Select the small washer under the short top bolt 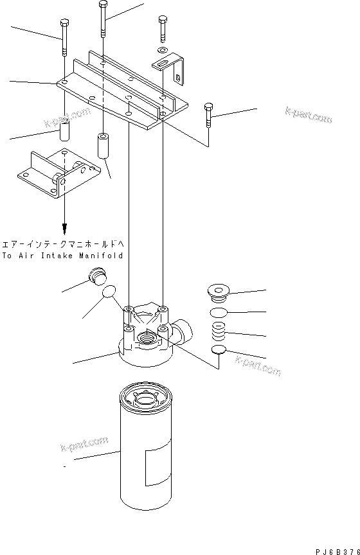163,49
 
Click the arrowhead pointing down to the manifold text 64,229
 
